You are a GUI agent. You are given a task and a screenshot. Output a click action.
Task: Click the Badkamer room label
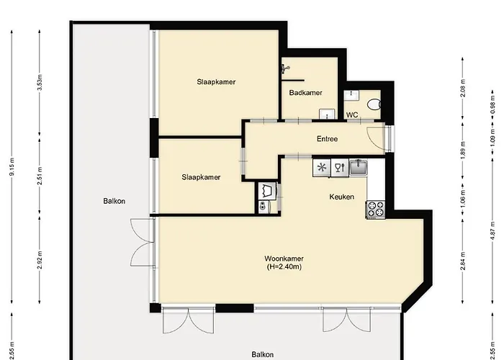click(x=306, y=93)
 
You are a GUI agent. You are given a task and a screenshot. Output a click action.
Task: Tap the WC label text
click(x=353, y=114)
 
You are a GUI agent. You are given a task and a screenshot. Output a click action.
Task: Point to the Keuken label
click(x=342, y=197)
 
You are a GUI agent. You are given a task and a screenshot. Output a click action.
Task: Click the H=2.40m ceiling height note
click(x=282, y=267)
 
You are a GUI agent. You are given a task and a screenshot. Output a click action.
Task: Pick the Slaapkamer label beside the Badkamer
click(x=216, y=82)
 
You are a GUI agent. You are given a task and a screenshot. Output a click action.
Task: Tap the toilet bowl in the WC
click(x=373, y=104)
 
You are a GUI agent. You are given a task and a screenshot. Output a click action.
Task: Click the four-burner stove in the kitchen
click(x=375, y=210)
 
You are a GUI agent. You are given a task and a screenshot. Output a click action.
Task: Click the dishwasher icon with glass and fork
click(x=340, y=168)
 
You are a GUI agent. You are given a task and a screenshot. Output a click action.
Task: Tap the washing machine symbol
click(x=267, y=192)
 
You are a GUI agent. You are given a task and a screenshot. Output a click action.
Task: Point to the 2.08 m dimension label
click(x=462, y=88)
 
